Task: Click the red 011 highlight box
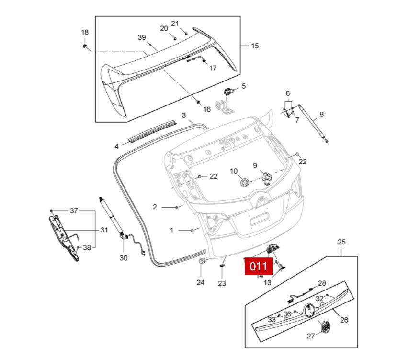tap(259, 267)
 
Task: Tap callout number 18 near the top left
tap(85, 33)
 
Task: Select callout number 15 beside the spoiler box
tap(255, 46)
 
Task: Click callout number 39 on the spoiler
tap(142, 37)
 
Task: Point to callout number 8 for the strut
tap(321, 114)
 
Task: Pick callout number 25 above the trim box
tap(341, 242)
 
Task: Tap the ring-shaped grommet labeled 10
tap(245, 182)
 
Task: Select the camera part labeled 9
tap(266, 178)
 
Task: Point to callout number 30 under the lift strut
tap(124, 257)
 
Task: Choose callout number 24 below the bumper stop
tap(200, 282)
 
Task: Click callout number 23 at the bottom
tap(222, 283)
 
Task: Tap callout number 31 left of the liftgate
tap(104, 230)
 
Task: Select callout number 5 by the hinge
tap(243, 86)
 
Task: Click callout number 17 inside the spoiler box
tap(213, 68)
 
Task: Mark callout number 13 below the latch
tap(267, 282)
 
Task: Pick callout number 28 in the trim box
tap(322, 283)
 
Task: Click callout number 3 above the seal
tap(184, 116)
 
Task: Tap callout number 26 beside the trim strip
tap(344, 320)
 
